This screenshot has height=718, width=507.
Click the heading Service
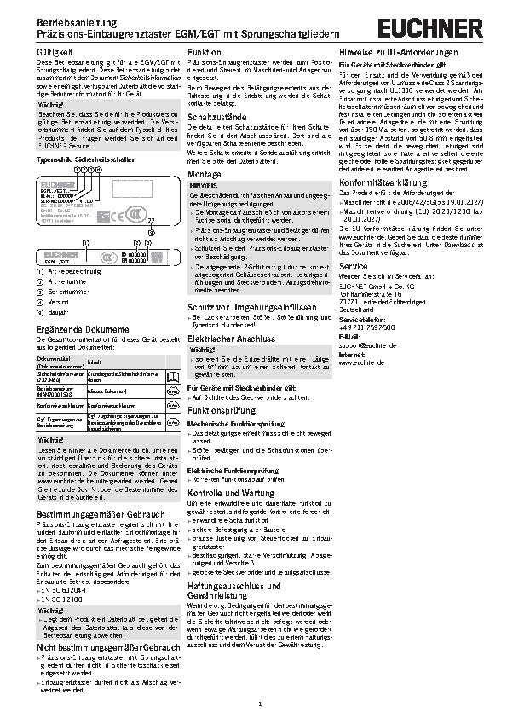coord(352,267)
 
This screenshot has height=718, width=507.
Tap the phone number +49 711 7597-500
coord(366,327)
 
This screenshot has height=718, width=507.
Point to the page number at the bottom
coord(257,704)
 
